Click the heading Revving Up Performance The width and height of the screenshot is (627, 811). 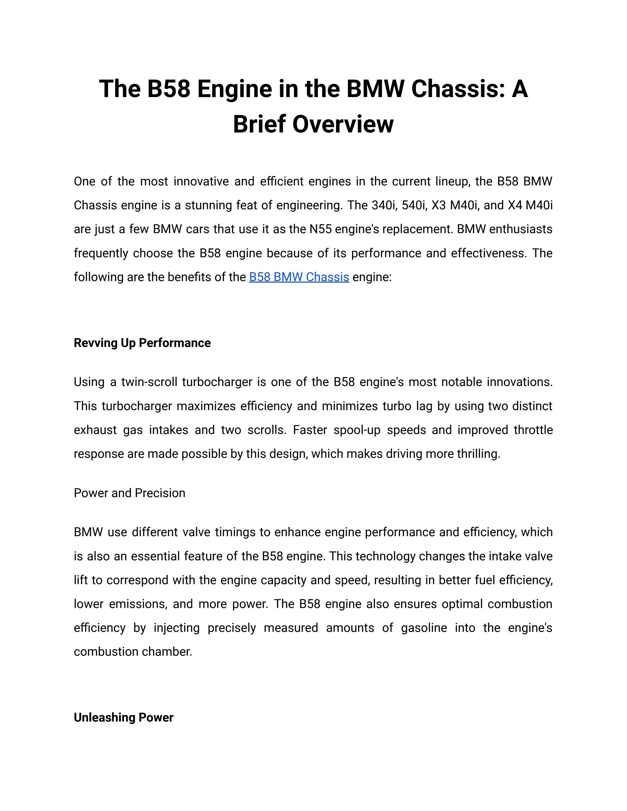[142, 343]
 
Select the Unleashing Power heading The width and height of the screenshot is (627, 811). [123, 717]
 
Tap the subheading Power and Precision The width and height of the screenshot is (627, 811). [129, 493]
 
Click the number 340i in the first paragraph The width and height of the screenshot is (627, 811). [383, 205]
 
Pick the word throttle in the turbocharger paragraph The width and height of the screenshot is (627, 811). [533, 430]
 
